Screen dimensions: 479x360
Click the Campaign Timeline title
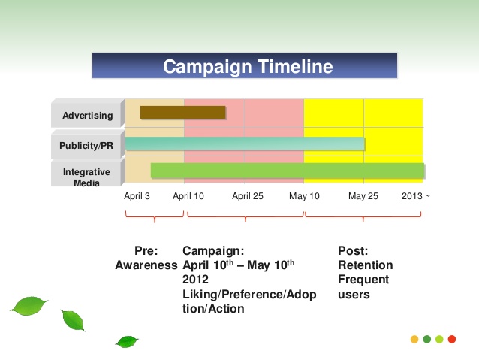[x=248, y=66]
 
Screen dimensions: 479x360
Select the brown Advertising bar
[x=183, y=112]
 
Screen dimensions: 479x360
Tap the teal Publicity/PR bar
[x=245, y=144]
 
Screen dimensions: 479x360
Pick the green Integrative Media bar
[x=288, y=171]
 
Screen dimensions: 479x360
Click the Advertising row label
[x=88, y=116]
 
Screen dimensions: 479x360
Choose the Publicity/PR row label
[x=86, y=145]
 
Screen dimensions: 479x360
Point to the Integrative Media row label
[x=86, y=177]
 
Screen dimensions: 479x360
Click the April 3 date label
[x=137, y=196]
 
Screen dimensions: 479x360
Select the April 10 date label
[x=188, y=196]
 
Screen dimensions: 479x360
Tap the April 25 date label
[x=248, y=196]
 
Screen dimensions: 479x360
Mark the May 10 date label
[x=304, y=196]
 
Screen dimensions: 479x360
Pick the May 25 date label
[x=363, y=196]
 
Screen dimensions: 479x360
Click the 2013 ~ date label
[x=415, y=196]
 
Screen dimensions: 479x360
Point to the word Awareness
[x=146, y=265]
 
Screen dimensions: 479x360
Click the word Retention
[x=366, y=265]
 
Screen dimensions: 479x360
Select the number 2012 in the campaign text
[x=195, y=280]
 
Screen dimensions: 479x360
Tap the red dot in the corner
[x=452, y=339]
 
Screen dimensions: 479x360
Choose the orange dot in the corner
[x=414, y=339]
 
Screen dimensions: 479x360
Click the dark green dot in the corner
[x=427, y=339]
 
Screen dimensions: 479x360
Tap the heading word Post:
[x=353, y=251]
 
